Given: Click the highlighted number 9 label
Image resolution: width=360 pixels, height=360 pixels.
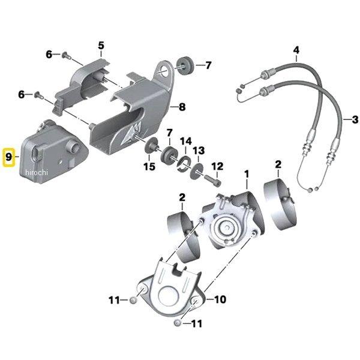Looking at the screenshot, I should [x=8, y=158].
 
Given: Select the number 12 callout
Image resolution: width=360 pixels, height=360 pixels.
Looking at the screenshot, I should [x=217, y=166].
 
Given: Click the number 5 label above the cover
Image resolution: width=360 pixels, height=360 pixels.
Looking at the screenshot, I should [x=101, y=45].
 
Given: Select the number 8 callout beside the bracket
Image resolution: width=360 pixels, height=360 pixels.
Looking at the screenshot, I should [x=182, y=107].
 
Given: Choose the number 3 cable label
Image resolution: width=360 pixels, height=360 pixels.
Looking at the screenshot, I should [x=355, y=119].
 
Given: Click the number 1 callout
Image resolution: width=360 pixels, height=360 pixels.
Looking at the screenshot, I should [x=245, y=174].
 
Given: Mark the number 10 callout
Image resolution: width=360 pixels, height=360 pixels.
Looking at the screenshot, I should [x=220, y=298].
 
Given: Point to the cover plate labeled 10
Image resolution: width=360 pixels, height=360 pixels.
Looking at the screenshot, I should [x=171, y=288].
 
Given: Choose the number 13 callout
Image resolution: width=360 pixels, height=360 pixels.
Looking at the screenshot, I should [x=199, y=149].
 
